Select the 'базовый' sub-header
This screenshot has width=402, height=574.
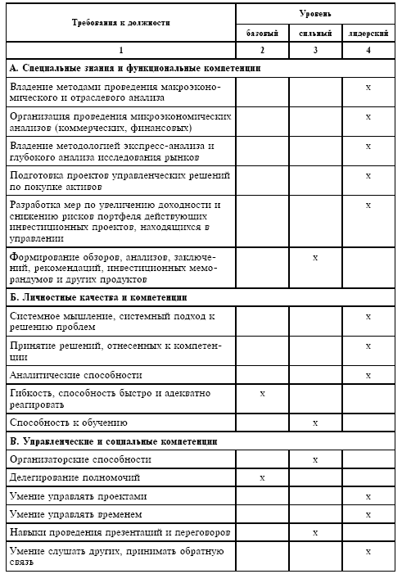[x=263, y=34]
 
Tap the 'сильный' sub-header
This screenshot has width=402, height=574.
[x=316, y=34]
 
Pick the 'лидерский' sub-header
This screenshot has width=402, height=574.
[x=368, y=34]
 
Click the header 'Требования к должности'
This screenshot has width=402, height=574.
[x=120, y=24]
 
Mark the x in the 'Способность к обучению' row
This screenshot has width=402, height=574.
[x=316, y=423]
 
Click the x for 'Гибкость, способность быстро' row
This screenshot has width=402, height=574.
[x=263, y=395]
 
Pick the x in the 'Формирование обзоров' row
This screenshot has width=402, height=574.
[x=316, y=257]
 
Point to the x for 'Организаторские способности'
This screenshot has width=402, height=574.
[x=316, y=459]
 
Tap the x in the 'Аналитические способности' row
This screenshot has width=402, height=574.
[x=368, y=375]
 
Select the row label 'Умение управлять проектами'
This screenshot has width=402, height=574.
[x=79, y=496]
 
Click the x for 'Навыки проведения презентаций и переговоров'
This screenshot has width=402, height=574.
[x=316, y=532]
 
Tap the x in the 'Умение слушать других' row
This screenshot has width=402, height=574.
[x=368, y=552]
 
